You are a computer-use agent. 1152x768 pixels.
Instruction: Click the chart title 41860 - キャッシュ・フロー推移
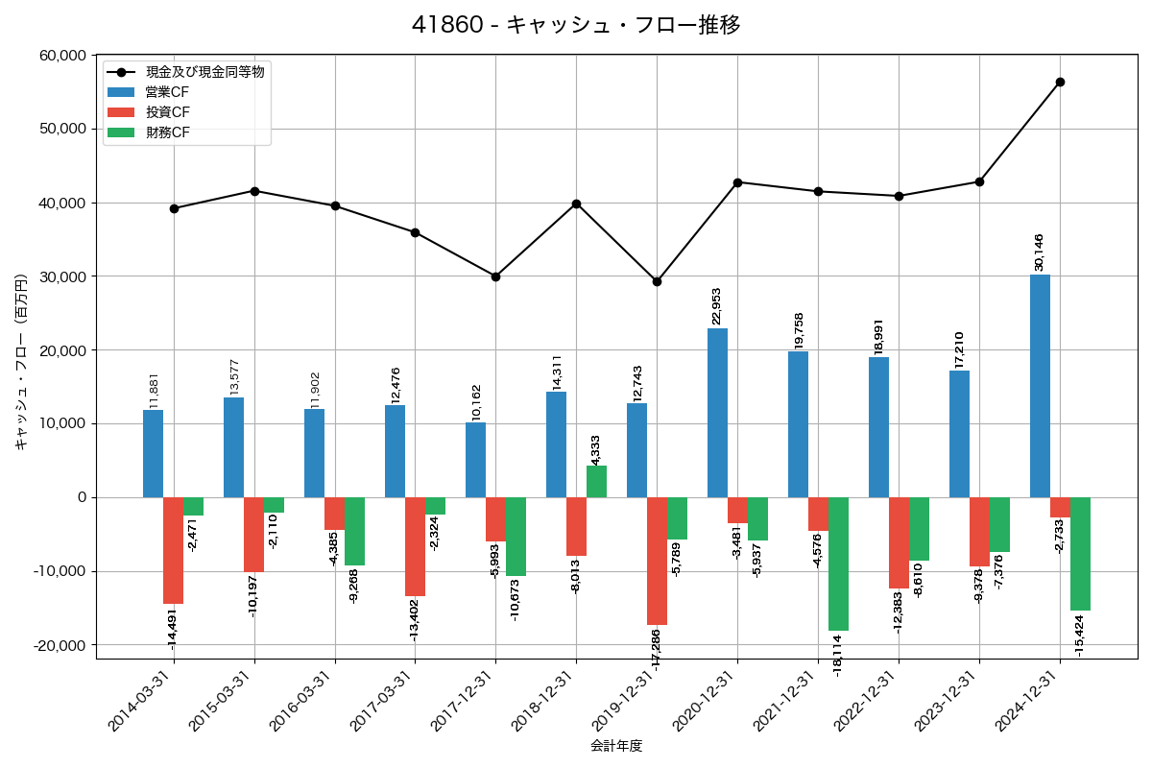point(576,25)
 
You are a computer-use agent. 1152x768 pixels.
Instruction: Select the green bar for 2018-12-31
point(596,481)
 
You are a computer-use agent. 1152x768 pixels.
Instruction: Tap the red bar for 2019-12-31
point(657,561)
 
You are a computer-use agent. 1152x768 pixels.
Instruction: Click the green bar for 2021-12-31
point(838,564)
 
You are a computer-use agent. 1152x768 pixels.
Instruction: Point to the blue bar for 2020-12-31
point(717,413)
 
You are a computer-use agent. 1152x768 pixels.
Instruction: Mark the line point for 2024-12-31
point(1060,82)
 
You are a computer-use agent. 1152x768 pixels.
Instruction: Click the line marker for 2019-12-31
point(657,281)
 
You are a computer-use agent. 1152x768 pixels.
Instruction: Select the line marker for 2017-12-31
point(495,276)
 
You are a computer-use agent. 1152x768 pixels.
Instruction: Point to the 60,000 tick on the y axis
point(60,56)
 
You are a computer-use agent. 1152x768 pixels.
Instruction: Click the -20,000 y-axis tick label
point(58,645)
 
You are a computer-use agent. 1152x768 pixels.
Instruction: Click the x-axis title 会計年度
point(616,746)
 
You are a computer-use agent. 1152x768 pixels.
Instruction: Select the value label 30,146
point(1039,252)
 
